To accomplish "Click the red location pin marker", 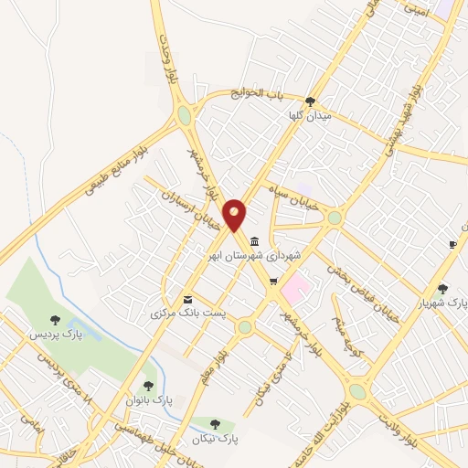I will [x=235, y=214].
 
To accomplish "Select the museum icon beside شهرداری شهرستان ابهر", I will [x=253, y=241].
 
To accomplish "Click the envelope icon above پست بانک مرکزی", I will [x=188, y=299].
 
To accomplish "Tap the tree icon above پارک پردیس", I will [x=57, y=319].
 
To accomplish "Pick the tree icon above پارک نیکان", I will [x=215, y=424].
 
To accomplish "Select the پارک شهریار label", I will [x=442, y=303].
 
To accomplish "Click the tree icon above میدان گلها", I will [x=311, y=101].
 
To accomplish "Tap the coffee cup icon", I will [x=452, y=244].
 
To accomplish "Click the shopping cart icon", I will [x=272, y=281].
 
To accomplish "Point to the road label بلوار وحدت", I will [x=167, y=59].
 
